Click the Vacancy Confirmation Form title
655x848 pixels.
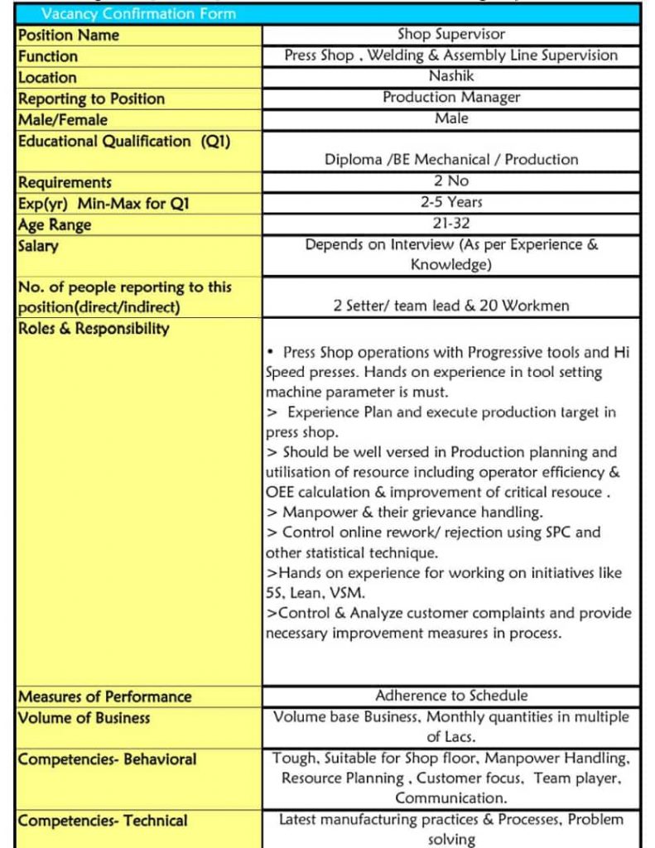click(x=138, y=14)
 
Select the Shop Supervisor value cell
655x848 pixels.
click(x=451, y=35)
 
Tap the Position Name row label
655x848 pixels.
click(x=69, y=35)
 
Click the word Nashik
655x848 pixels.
click(x=451, y=76)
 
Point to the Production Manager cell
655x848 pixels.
click(x=451, y=98)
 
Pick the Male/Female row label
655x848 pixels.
click(x=63, y=120)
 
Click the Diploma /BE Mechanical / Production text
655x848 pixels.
click(x=451, y=159)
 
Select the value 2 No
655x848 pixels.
click(x=451, y=181)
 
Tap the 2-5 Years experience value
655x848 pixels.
click(x=451, y=202)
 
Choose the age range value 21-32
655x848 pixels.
click(x=451, y=224)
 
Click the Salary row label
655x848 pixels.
click(x=38, y=246)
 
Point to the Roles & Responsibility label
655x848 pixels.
click(x=94, y=328)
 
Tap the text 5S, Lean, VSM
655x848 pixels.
click(x=315, y=593)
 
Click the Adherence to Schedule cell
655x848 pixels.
click(x=451, y=696)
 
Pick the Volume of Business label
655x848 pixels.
click(x=84, y=718)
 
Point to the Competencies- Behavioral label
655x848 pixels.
click(x=108, y=759)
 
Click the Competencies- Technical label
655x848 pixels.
click(x=103, y=821)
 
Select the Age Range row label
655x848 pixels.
click(x=55, y=224)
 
